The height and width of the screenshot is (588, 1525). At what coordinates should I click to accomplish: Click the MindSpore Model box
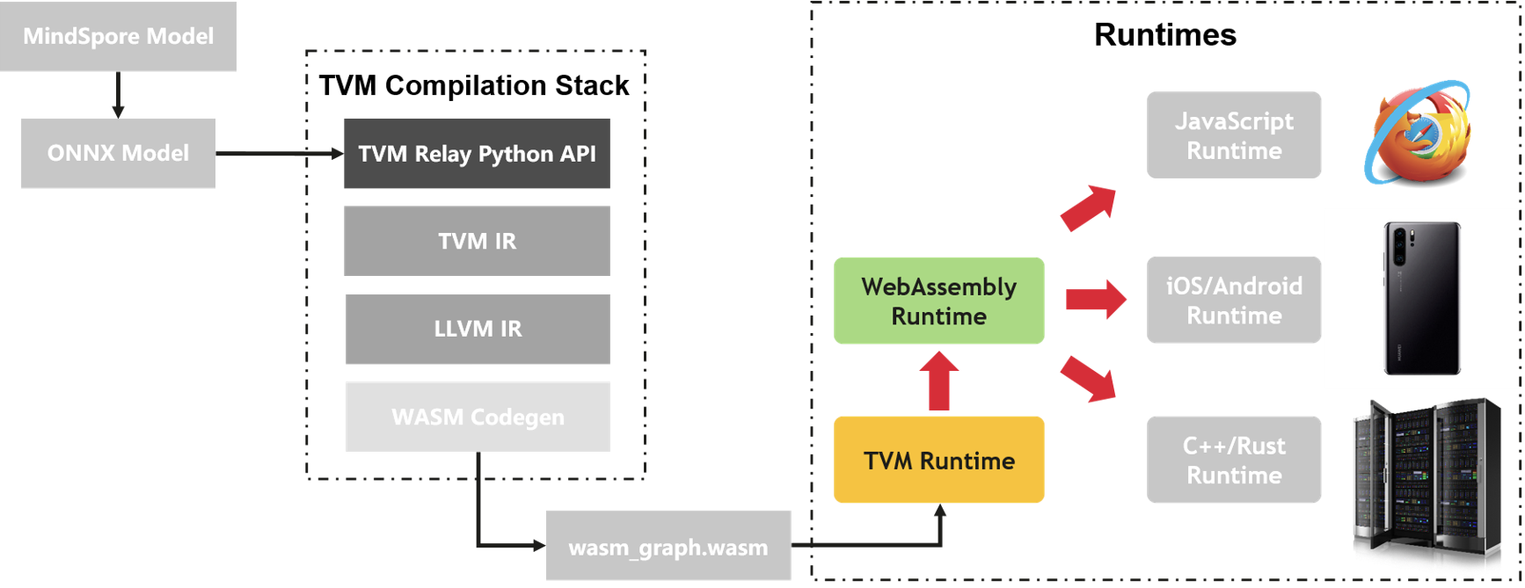118,36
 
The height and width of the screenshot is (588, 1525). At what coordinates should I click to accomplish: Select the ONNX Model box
118,153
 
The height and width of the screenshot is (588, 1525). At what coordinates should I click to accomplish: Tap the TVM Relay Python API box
477,154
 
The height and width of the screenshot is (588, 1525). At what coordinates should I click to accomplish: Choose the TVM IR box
477,241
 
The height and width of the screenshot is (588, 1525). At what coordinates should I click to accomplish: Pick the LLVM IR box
478,329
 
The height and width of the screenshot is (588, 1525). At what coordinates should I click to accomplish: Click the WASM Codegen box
478,417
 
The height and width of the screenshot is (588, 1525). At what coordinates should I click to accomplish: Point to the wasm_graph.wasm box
668,547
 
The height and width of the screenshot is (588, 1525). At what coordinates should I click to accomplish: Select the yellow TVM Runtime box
939,460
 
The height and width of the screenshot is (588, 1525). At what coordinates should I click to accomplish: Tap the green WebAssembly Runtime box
939,301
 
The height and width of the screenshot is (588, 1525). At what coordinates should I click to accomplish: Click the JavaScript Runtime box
1234,135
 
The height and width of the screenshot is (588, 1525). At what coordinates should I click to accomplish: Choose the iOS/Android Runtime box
1234,301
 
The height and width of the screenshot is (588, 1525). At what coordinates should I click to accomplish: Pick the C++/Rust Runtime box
1234,460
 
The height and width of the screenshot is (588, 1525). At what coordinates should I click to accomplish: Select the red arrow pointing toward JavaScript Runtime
1090,207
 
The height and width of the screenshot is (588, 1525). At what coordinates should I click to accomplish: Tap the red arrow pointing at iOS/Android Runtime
1096,299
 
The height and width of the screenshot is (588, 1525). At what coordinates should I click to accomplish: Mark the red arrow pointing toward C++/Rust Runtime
1090,378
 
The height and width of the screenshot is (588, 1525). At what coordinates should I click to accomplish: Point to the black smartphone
1422,298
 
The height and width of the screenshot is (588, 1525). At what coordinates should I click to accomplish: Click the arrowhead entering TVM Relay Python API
338,154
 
